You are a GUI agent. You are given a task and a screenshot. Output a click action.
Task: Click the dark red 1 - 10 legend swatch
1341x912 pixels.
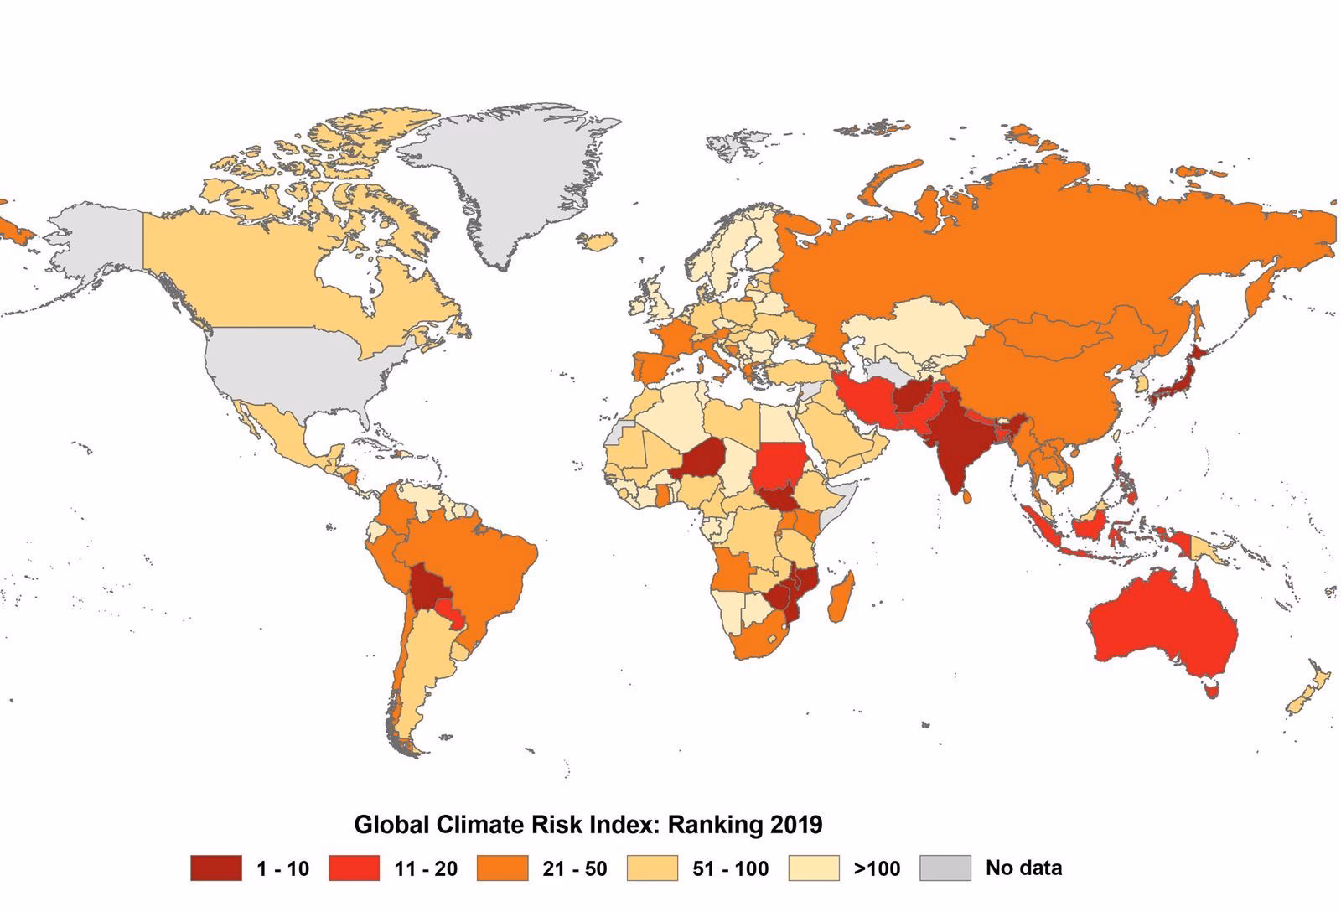click(x=215, y=868)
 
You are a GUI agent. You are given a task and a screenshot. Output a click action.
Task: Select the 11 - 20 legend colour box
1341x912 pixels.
click(x=353, y=868)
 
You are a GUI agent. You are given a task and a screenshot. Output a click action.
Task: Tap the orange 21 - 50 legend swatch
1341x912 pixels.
click(x=502, y=868)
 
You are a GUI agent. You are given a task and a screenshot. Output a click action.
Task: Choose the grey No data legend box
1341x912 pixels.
click(x=945, y=868)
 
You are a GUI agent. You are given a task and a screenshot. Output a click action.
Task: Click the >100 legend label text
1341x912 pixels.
click(x=876, y=868)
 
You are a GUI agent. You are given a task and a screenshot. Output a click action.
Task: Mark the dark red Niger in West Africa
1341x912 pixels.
click(x=702, y=459)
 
